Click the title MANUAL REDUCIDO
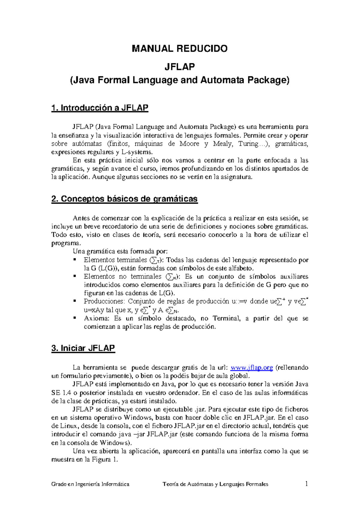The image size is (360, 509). (x=180, y=48)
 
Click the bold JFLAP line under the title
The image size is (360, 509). (x=180, y=67)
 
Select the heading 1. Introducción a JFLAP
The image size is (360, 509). (x=100, y=108)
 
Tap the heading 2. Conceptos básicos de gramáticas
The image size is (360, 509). (x=124, y=199)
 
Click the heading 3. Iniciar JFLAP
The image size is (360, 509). (x=83, y=348)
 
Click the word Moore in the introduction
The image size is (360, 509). (x=189, y=144)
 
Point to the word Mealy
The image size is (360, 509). (x=222, y=144)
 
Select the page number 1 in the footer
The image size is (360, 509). (x=306, y=483)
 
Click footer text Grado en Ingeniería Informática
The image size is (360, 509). (x=90, y=484)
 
